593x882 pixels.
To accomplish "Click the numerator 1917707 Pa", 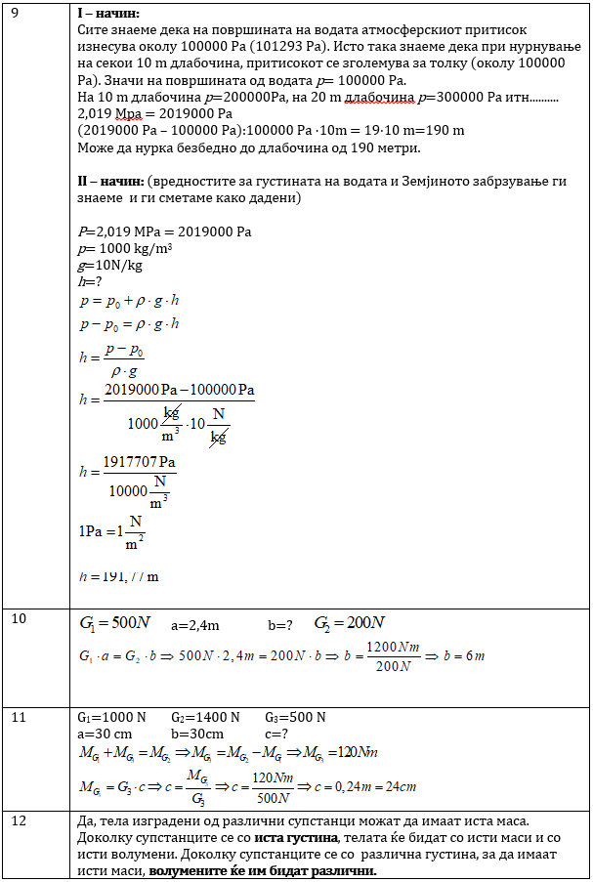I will (141, 461).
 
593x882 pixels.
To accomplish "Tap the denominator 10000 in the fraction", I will (127, 491).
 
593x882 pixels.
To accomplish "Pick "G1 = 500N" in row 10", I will (114, 623).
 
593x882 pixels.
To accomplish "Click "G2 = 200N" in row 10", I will (349, 623).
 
